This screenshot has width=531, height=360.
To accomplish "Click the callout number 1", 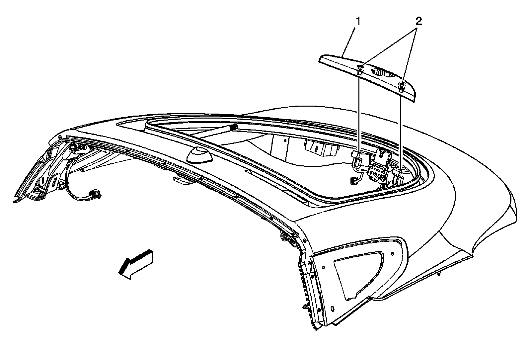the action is (x=358, y=22).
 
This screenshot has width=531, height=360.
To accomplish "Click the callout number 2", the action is (x=419, y=22).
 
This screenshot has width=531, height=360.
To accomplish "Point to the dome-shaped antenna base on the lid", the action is (x=199, y=155).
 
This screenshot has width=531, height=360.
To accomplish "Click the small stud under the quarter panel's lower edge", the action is (x=439, y=274).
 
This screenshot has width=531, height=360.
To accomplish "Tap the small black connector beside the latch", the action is (x=353, y=180).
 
